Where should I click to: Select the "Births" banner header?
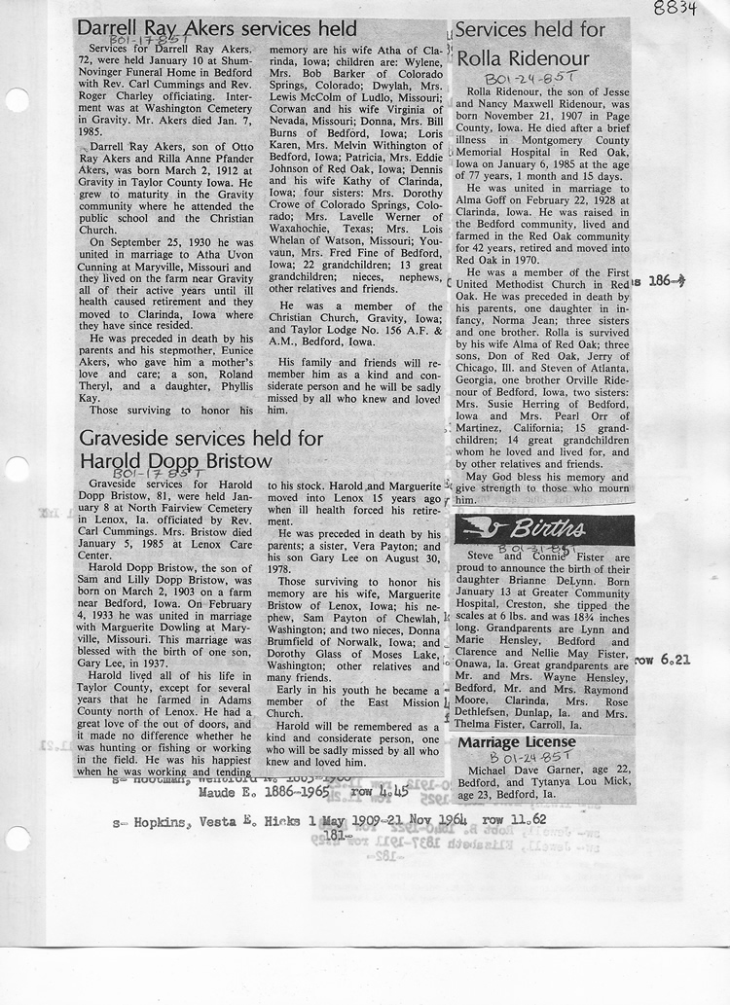coord(544,529)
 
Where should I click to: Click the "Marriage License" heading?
coord(516,742)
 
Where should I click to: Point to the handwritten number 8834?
coord(694,9)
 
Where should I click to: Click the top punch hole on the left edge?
coord(17,100)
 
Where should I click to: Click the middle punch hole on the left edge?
coord(16,472)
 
